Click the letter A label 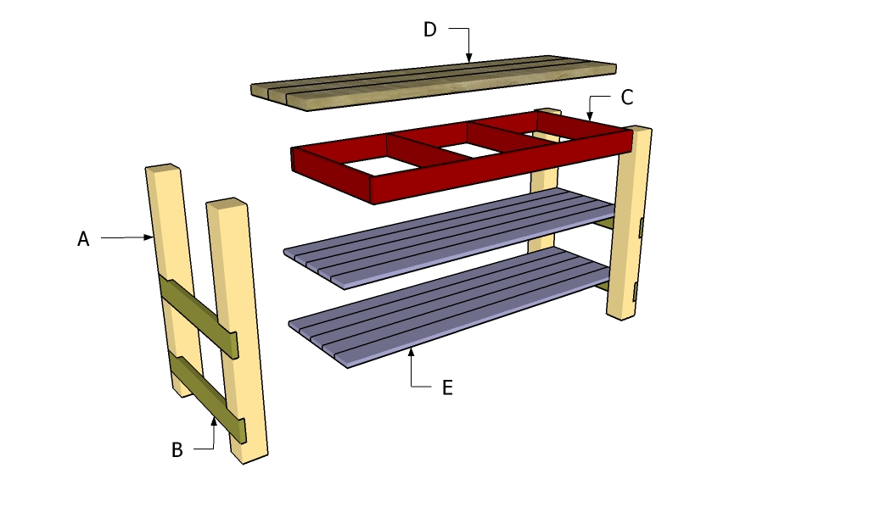pyautogui.click(x=83, y=240)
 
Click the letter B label pyautogui.click(x=177, y=450)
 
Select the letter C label pyautogui.click(x=626, y=98)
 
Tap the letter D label pyautogui.click(x=430, y=30)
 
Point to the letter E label pyautogui.click(x=446, y=388)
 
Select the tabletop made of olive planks pyautogui.click(x=433, y=83)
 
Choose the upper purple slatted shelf pyautogui.click(x=450, y=237)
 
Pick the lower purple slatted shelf pyautogui.click(x=450, y=305)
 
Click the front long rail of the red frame pyautogui.click(x=501, y=169)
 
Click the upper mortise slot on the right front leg pyautogui.click(x=641, y=226)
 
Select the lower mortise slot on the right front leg pyautogui.click(x=636, y=292)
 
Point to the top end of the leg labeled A pyautogui.click(x=161, y=169)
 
